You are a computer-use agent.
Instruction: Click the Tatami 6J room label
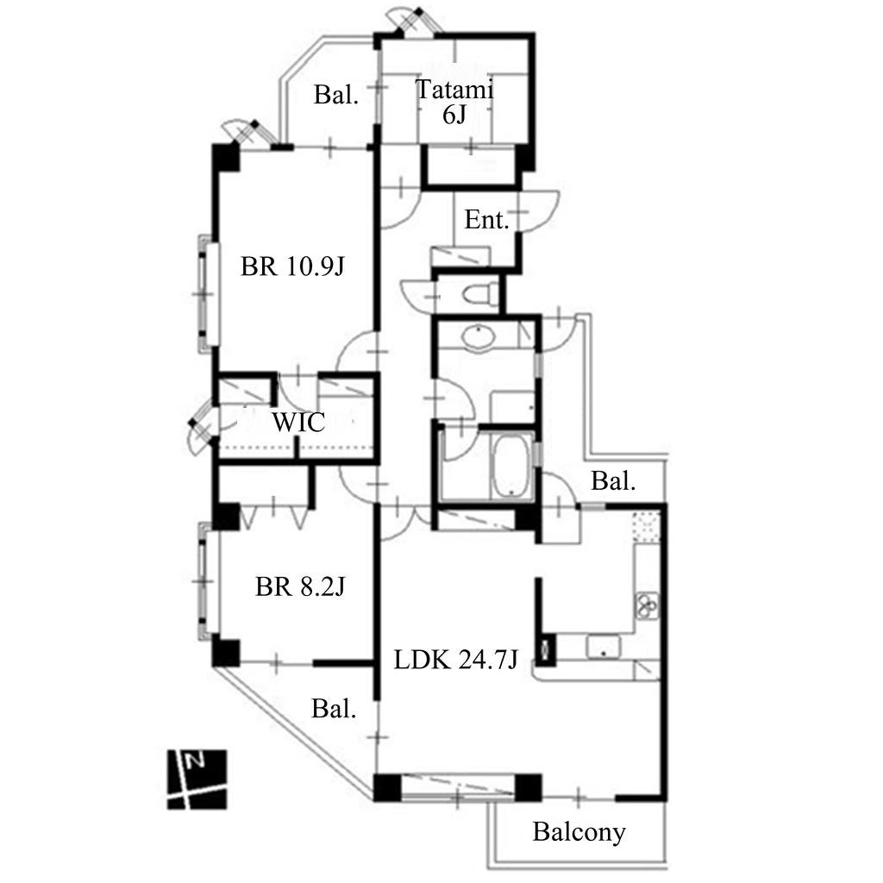tap(454, 102)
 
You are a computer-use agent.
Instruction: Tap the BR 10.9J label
tap(292, 266)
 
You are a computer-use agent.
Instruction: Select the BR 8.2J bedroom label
tap(300, 586)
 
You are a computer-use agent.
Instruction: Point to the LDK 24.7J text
tap(455, 659)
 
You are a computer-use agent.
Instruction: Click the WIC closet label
tap(298, 423)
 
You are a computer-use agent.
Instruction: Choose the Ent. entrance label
tap(486, 220)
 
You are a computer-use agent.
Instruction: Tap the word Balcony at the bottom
tap(579, 832)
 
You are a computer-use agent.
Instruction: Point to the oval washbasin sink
tap(478, 338)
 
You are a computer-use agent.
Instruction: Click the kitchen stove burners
tap(647, 605)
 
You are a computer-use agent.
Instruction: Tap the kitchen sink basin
tap(603, 646)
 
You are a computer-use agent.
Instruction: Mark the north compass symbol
tap(197, 780)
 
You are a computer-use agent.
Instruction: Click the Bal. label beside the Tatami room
tap(336, 95)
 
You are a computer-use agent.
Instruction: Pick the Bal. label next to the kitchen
tap(613, 481)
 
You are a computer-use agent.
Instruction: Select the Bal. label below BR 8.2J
tap(334, 709)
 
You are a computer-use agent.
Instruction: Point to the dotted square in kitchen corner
tap(646, 527)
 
